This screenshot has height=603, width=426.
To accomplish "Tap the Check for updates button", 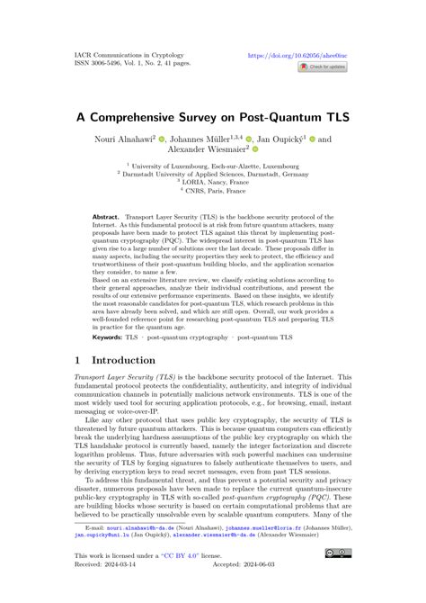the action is pyautogui.click(x=323, y=67).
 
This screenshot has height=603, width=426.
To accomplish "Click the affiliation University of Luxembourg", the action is pyautogui.click(x=211, y=166).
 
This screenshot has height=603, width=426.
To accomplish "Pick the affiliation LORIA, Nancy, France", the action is pyautogui.click(x=212, y=184).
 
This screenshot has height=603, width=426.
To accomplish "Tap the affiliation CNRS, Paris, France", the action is pyautogui.click(x=212, y=192).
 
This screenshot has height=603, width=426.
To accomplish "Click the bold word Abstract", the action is pyautogui.click(x=110, y=218).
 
